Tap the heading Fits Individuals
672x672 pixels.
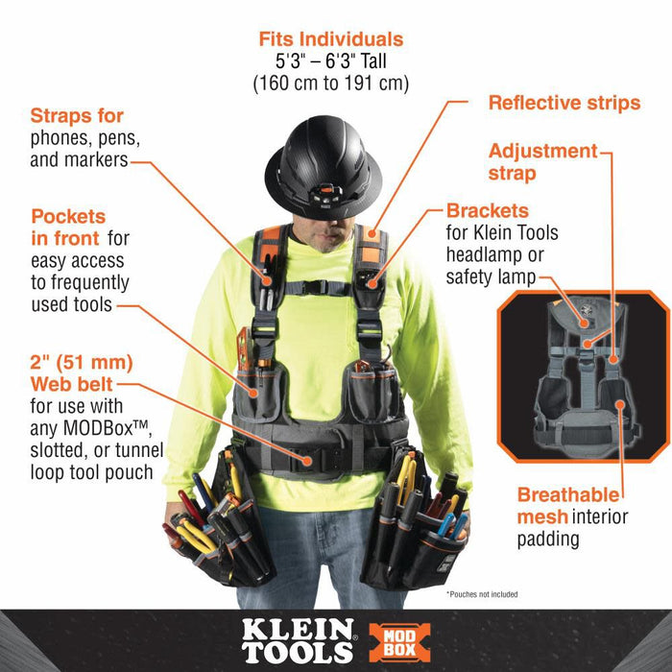click(x=330, y=39)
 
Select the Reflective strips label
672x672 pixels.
click(x=564, y=103)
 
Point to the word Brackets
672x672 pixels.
click(x=488, y=210)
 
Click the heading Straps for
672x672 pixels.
click(x=77, y=116)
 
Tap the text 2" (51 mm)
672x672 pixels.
click(x=82, y=363)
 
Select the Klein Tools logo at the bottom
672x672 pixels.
click(x=297, y=641)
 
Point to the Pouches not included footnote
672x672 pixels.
click(x=482, y=595)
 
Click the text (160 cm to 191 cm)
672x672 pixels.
click(x=331, y=84)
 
